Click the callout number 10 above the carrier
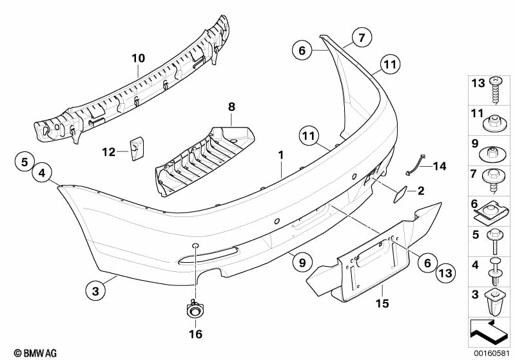(x=139, y=59)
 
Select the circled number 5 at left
(x=25, y=162)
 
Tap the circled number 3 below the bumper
(x=95, y=290)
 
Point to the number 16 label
(x=195, y=334)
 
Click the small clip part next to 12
(x=136, y=149)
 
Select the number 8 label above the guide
(x=231, y=107)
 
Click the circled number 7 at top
(x=362, y=38)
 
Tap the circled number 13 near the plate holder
(x=446, y=272)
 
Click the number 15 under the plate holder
(x=383, y=303)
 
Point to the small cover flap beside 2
(x=400, y=194)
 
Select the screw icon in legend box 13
(x=495, y=90)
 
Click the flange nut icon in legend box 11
(x=494, y=124)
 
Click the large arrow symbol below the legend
(x=489, y=332)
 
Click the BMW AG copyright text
(x=35, y=353)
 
